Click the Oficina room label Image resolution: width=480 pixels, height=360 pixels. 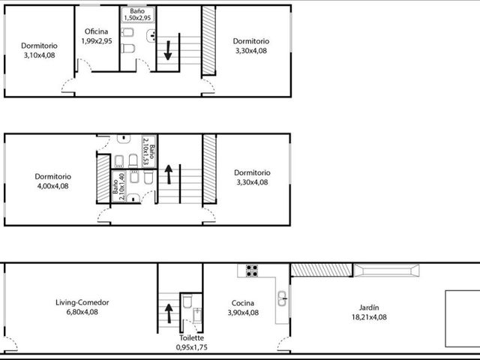[x=96, y=31]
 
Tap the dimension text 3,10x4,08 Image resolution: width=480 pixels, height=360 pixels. [x=40, y=55]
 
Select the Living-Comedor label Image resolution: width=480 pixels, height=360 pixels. [x=82, y=303]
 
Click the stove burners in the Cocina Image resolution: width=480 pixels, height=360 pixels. [x=252, y=271]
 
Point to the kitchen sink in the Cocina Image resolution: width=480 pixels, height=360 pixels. [x=282, y=298]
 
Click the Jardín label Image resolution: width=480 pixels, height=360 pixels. [x=369, y=307]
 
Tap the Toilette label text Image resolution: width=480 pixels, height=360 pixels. [x=192, y=338]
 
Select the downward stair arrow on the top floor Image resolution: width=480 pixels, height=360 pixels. [x=168, y=50]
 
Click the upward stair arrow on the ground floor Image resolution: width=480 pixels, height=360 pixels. [x=169, y=313]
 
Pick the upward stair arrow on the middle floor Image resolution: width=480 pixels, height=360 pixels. [x=169, y=174]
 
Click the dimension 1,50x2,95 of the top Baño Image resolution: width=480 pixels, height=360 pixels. [x=137, y=18]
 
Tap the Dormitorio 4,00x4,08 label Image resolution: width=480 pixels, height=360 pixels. [x=52, y=181]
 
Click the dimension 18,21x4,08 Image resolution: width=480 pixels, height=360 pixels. [x=369, y=317]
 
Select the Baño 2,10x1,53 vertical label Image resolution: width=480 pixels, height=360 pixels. [x=149, y=151]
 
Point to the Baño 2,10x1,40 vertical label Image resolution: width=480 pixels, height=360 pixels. [x=118, y=187]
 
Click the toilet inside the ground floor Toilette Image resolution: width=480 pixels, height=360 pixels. [x=187, y=301]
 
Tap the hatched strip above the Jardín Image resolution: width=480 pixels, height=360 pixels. [x=321, y=270]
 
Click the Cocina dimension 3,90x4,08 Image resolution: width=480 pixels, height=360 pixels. [x=243, y=313]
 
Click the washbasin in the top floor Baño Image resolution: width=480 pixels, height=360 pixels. [x=151, y=36]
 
